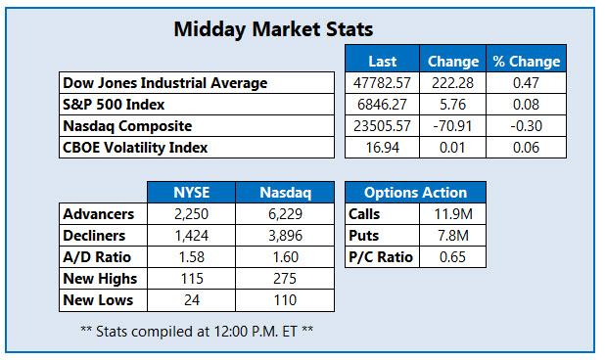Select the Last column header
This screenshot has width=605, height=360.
coord(382,61)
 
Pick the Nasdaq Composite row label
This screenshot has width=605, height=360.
coord(127,126)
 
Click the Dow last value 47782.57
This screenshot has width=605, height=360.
coord(382,83)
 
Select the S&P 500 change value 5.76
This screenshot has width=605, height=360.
coord(452,105)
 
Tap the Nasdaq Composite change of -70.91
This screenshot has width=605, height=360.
coord(452,126)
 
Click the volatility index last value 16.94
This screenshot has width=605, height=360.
coord(382,148)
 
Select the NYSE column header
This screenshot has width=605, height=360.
coord(190,193)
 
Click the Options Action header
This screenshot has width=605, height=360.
coord(415,193)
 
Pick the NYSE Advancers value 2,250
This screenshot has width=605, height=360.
coord(190,214)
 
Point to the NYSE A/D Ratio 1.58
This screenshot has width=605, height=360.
coord(190,257)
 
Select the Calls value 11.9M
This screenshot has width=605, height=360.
coord(450,214)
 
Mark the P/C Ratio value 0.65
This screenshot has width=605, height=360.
coord(450,257)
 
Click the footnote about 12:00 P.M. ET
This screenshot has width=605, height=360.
coord(196,330)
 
